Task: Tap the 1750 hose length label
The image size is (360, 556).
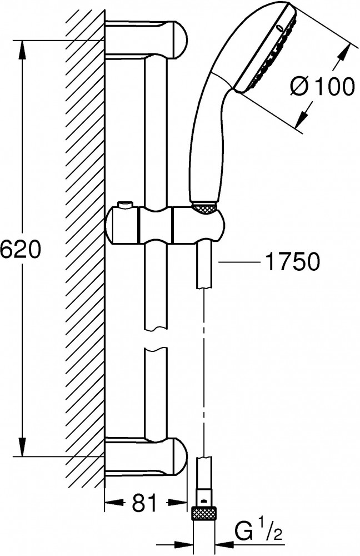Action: [292, 262]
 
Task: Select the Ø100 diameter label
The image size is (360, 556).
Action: [322, 86]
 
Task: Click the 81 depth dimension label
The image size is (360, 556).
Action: [144, 502]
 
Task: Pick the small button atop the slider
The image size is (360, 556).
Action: [124, 205]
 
